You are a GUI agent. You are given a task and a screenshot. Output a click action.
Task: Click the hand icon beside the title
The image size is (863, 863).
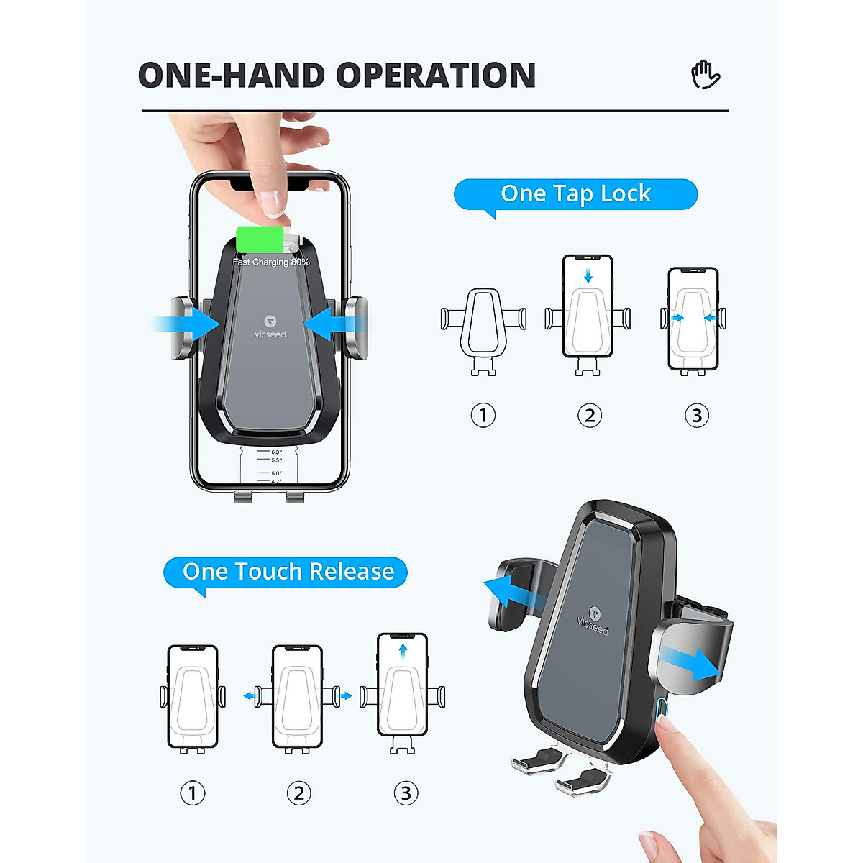[x=706, y=75]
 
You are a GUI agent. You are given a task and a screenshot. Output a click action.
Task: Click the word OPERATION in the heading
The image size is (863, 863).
[x=436, y=76]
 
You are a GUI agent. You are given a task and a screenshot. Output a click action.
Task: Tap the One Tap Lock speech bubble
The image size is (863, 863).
[x=575, y=194]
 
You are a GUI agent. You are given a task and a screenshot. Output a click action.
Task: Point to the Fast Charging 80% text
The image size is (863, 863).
[x=271, y=262]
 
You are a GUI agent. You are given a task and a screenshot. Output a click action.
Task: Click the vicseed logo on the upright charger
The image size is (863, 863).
[x=270, y=327]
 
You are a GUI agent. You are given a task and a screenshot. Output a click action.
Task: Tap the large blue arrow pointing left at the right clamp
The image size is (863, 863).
[x=328, y=323]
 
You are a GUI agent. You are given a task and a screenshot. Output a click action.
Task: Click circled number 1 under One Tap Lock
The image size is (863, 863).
[x=483, y=416]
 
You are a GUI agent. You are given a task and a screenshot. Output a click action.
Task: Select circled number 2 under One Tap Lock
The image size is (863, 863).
[x=590, y=416]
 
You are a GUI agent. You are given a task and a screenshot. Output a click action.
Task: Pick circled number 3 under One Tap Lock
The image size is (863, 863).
[x=696, y=416]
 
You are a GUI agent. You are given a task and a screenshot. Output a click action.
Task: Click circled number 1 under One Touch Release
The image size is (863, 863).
[x=192, y=793]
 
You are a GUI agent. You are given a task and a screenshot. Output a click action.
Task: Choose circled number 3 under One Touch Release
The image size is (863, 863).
[x=406, y=793]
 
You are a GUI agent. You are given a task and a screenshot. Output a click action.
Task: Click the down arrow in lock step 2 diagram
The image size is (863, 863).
[x=588, y=275]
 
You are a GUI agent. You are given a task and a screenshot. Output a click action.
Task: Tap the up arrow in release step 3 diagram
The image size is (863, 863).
[x=403, y=651]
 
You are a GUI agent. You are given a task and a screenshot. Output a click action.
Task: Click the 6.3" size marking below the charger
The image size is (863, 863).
[x=276, y=452]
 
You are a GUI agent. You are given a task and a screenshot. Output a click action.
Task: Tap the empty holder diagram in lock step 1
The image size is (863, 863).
[x=483, y=330]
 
